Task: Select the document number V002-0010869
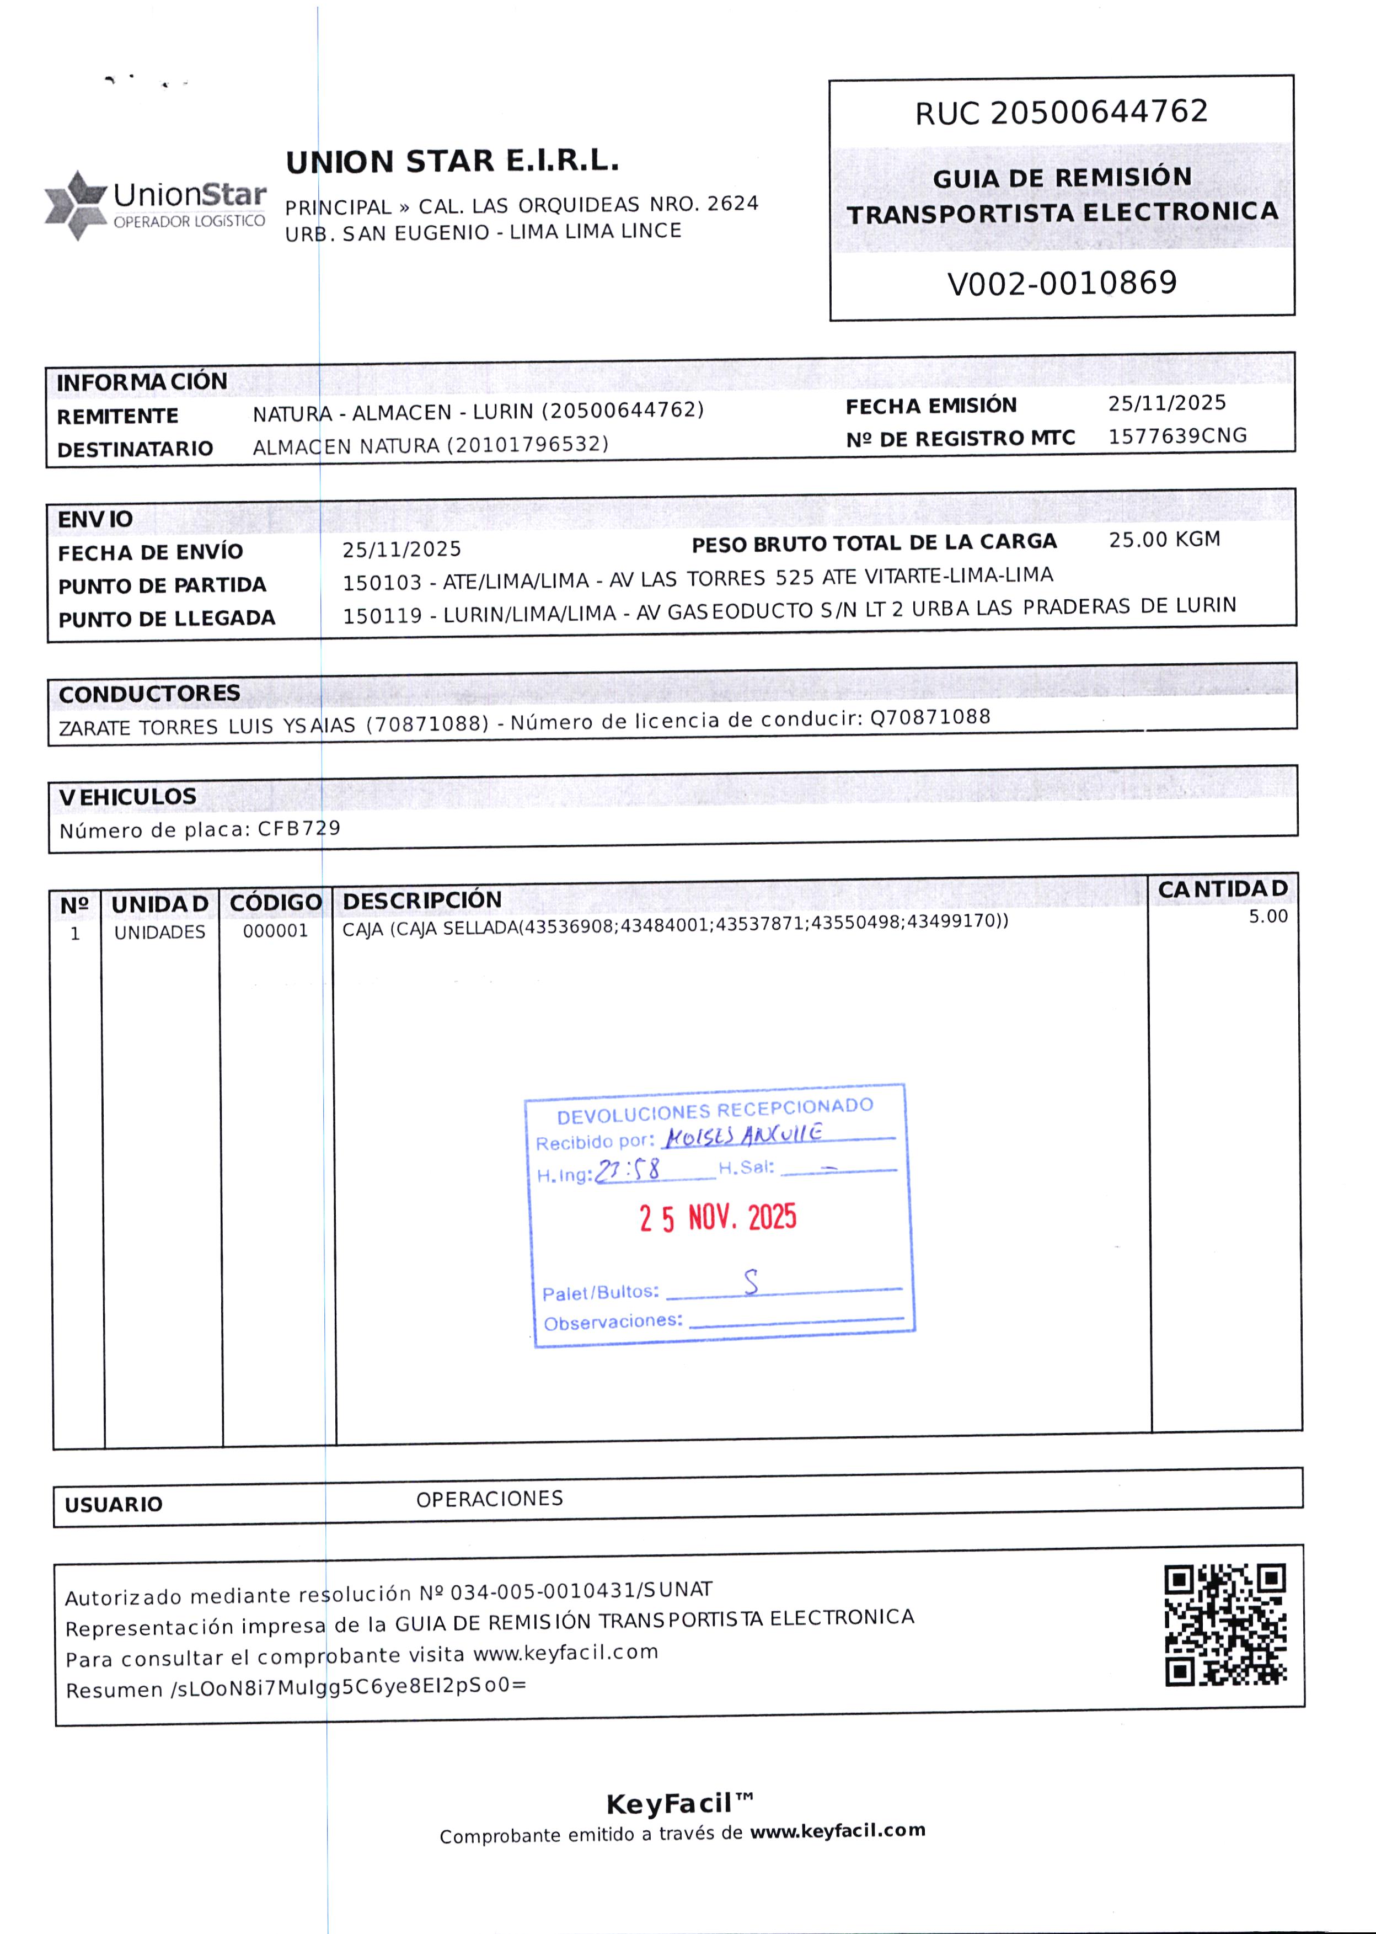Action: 1062,283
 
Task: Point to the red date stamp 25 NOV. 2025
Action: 718,1218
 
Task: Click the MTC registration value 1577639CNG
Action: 1177,435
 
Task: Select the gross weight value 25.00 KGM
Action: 1164,539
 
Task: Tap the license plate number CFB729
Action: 299,828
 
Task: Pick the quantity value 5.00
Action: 1267,916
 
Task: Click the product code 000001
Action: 275,930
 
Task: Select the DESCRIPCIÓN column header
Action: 422,900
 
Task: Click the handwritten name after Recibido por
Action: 743,1135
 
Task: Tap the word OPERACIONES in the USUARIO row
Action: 489,1499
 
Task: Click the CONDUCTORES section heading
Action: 149,693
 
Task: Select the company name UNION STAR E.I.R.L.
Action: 452,161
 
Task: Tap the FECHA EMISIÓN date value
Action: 1167,403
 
